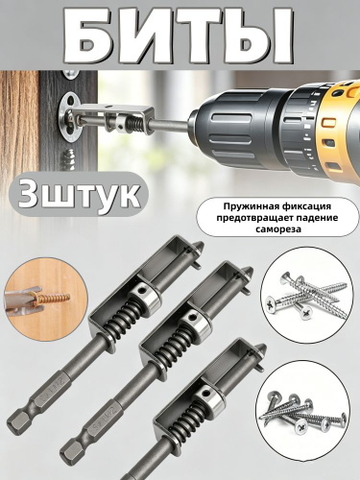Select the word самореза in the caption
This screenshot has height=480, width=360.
[x=278, y=229]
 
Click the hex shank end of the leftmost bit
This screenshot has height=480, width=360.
[x=16, y=425]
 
